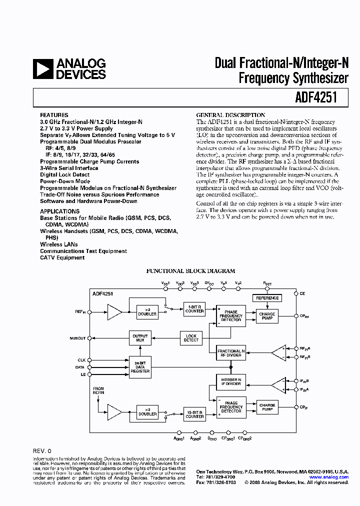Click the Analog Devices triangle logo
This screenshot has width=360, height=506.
click(x=42, y=69)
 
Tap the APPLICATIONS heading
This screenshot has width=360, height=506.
click(x=59, y=211)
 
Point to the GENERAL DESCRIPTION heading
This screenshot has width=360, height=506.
click(x=230, y=115)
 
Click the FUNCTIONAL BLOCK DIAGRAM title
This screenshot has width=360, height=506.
click(x=190, y=271)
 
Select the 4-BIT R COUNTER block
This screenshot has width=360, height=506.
click(x=194, y=308)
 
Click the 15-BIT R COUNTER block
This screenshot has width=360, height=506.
click(x=194, y=414)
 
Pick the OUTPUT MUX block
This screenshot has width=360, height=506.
click(x=140, y=338)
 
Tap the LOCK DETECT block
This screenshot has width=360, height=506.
click(x=191, y=338)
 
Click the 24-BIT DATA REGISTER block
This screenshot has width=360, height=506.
click(x=140, y=367)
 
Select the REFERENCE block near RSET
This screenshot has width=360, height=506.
click(x=267, y=298)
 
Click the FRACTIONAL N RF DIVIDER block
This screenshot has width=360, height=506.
click(x=230, y=353)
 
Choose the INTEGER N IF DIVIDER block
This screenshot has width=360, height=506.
click(x=230, y=382)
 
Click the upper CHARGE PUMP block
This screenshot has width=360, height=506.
click(x=267, y=316)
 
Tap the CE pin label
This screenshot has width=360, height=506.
click(x=302, y=293)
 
